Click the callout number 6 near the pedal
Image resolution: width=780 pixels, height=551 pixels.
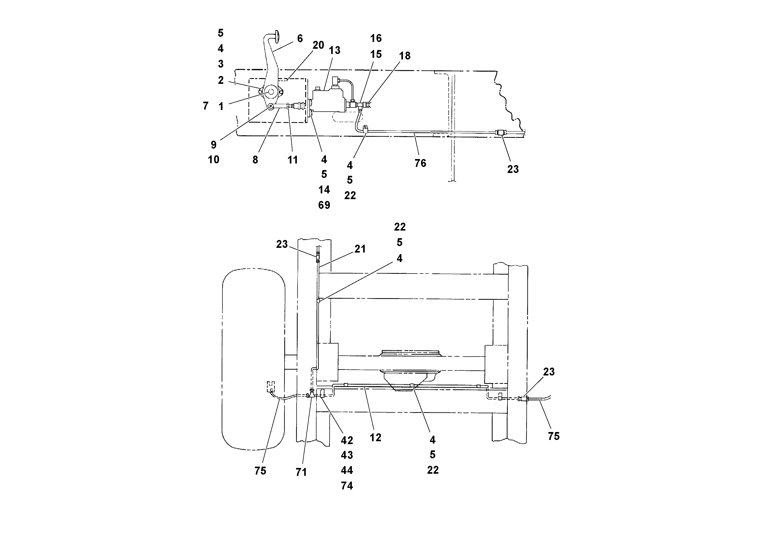(x=300, y=39)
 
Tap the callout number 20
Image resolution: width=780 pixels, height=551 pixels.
(x=318, y=45)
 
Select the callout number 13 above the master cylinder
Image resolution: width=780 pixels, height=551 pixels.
(x=334, y=51)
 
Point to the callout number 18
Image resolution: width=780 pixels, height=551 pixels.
(x=405, y=56)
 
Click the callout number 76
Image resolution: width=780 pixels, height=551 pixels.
(x=420, y=163)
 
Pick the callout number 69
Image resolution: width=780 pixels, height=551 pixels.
(x=324, y=205)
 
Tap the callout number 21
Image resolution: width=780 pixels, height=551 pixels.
(x=360, y=249)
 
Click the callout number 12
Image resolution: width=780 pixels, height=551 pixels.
(x=375, y=438)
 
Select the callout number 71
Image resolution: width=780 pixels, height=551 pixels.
(x=301, y=472)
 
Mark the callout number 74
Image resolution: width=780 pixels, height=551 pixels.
(x=347, y=486)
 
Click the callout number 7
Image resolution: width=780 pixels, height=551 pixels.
(x=205, y=106)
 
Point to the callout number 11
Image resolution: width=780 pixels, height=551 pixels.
(x=292, y=160)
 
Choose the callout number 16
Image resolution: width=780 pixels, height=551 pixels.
(x=376, y=39)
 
